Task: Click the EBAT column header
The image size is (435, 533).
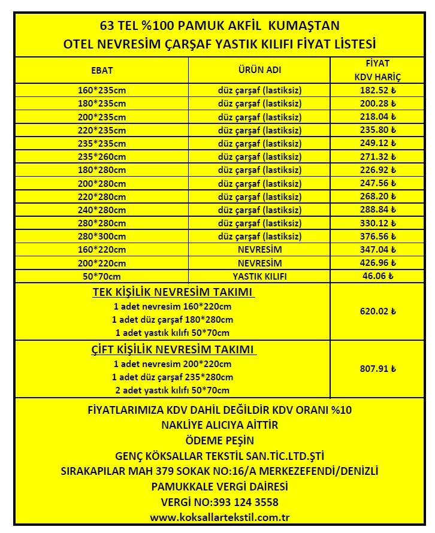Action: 102,70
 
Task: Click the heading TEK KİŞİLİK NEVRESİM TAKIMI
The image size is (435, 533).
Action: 173,292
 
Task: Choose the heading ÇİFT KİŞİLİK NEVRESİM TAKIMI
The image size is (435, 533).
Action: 173,349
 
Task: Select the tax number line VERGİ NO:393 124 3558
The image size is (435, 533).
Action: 219,502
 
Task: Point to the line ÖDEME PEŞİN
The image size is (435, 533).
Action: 219,440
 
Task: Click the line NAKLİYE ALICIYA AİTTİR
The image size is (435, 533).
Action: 219,425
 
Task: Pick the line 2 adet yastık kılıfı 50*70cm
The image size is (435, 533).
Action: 172,390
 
